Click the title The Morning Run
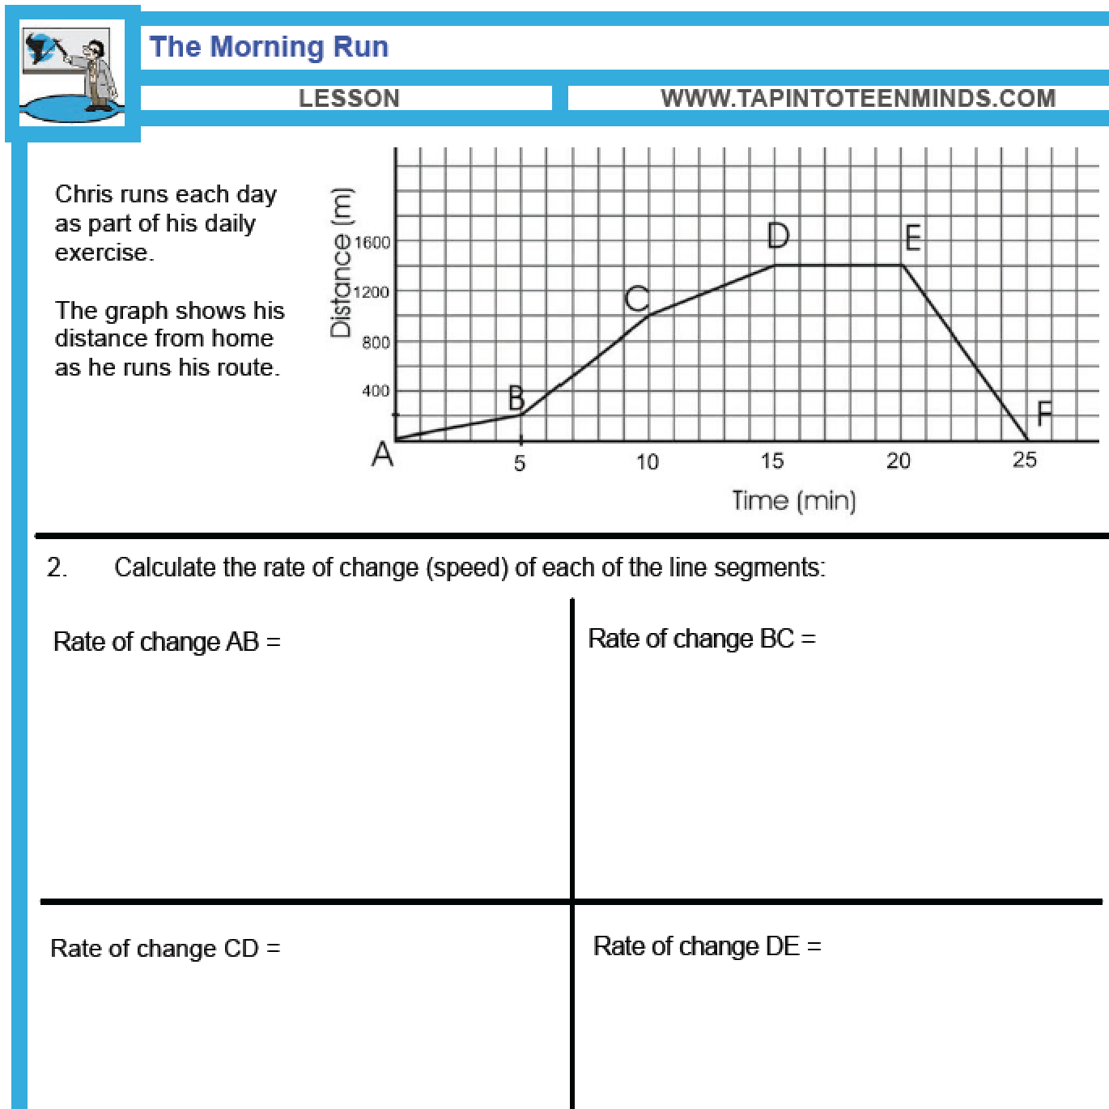point(269,47)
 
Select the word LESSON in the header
point(349,99)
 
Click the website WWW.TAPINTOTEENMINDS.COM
point(858,99)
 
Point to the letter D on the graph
point(778,236)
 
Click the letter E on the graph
point(912,239)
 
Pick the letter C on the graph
point(637,299)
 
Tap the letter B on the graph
point(516,398)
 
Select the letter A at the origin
point(382,455)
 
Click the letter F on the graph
point(1044,414)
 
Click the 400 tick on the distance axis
point(376,391)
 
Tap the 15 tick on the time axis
point(772,461)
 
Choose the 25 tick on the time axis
point(1024,461)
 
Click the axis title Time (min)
point(793,500)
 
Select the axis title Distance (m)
point(341,262)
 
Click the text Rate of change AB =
point(167,642)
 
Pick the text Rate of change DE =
point(707,946)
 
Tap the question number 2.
point(57,567)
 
